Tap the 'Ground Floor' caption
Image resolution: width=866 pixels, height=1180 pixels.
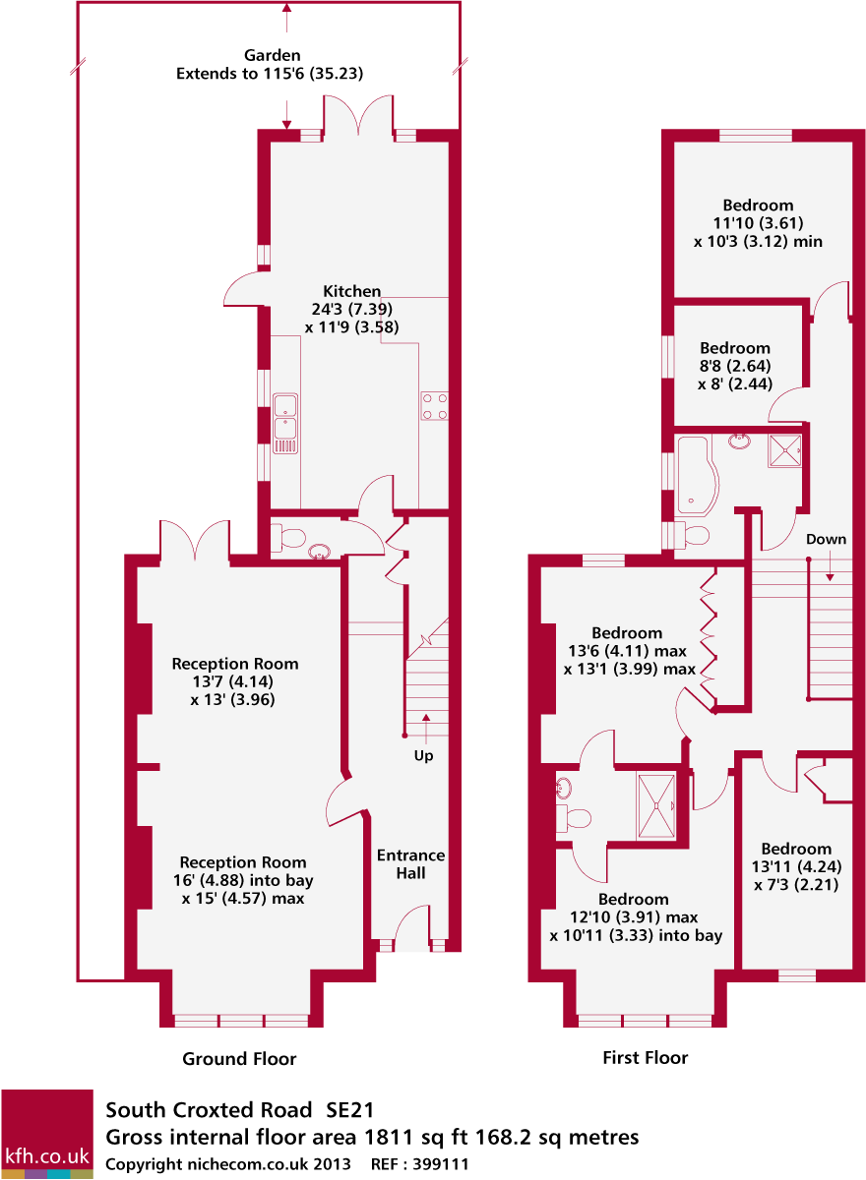click(239, 1059)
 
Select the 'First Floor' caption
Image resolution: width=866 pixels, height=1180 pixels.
click(645, 1058)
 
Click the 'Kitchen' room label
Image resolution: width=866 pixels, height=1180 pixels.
click(351, 291)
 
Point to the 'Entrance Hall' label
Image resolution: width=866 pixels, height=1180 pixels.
click(410, 863)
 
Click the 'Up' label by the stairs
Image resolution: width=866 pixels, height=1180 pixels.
click(423, 756)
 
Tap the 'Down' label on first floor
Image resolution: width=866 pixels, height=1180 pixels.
click(826, 540)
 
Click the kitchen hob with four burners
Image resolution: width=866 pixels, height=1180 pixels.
click(435, 405)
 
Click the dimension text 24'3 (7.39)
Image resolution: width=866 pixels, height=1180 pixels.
click(352, 309)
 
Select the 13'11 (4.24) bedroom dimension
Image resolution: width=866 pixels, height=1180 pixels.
click(795, 867)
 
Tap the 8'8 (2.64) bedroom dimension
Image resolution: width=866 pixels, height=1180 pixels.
click(734, 366)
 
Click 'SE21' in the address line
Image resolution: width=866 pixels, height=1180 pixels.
click(350, 1111)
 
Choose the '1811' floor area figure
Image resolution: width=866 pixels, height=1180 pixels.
click(388, 1138)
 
